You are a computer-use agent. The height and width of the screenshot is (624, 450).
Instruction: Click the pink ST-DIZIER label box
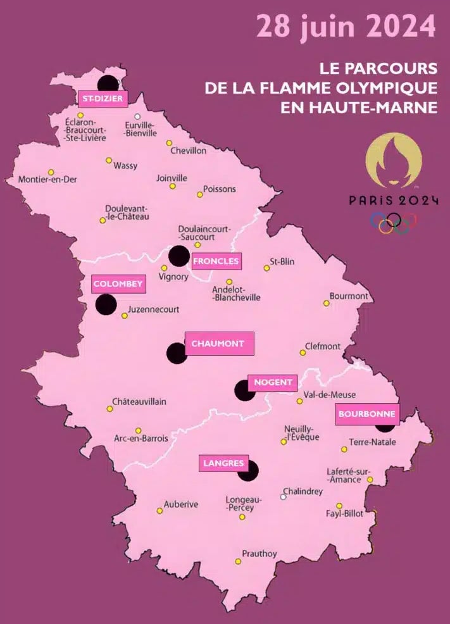click(102, 98)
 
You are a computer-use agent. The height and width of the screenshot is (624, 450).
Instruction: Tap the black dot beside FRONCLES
click(179, 256)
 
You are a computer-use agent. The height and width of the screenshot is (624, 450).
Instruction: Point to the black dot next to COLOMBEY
click(106, 305)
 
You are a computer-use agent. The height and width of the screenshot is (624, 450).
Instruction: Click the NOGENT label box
click(273, 382)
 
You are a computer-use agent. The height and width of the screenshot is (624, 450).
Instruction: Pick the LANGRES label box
click(223, 463)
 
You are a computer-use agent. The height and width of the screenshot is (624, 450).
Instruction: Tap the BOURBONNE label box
click(367, 414)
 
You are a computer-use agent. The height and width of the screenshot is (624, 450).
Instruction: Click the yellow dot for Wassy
click(109, 160)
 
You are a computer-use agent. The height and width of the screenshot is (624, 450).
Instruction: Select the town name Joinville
click(172, 178)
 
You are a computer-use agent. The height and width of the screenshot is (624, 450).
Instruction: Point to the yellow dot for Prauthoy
click(238, 561)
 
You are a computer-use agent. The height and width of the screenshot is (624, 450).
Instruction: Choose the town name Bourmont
click(349, 296)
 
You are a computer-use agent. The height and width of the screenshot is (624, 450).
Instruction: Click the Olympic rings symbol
click(394, 222)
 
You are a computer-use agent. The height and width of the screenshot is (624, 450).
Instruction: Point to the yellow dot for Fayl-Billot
click(339, 506)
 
